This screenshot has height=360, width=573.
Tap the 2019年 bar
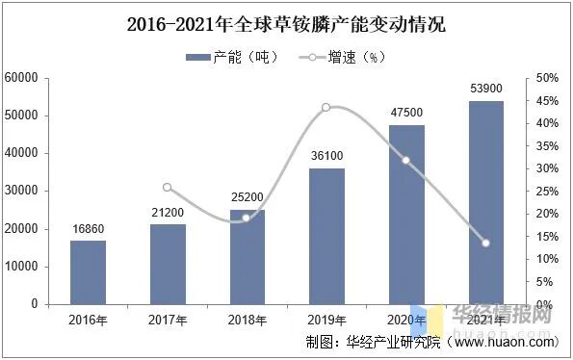point(326,236)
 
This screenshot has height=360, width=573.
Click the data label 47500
point(406,114)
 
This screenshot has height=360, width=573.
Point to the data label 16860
point(88,229)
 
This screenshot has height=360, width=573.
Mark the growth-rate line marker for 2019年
point(326,107)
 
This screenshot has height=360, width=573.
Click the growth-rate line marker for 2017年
point(168,188)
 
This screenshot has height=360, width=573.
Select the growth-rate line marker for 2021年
point(485,243)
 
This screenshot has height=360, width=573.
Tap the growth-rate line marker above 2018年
point(247,218)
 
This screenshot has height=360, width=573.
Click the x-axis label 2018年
point(247,319)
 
